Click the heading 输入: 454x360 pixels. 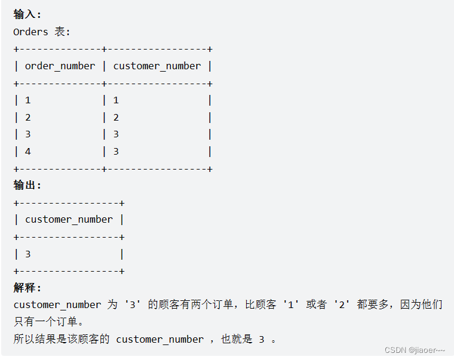click(27, 15)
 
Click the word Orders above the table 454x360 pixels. click(30, 32)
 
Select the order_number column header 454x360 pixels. click(60, 66)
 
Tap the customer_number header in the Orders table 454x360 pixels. click(157, 66)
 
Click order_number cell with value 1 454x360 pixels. click(28, 100)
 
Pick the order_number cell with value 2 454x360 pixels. click(28, 118)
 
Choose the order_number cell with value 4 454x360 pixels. click(28, 152)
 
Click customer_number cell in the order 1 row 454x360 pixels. click(116, 100)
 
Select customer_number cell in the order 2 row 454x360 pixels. click(116, 118)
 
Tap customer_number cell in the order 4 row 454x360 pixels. click(116, 152)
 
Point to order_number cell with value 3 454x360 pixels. click(28, 134)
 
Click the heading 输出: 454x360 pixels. click(27, 186)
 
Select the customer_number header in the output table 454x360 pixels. click(69, 220)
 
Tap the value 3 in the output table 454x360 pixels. click(28, 254)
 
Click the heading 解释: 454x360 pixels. click(27, 288)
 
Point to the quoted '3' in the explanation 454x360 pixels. click(133, 305)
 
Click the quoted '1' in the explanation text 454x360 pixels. click(291, 305)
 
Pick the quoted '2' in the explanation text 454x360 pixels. click(342, 305)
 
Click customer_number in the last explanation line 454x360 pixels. click(159, 339)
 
